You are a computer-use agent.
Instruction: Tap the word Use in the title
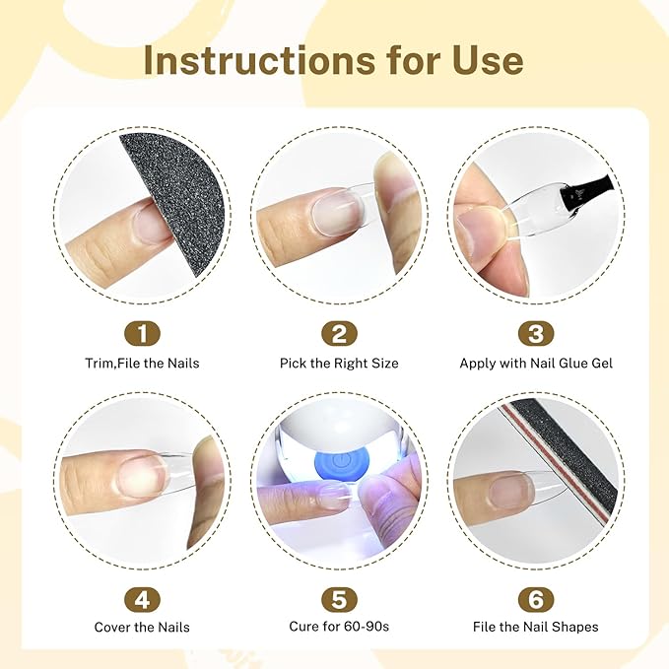click(488, 60)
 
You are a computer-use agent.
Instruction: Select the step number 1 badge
click(142, 334)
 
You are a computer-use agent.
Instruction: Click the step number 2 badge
click(339, 334)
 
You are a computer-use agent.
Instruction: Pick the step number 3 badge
click(536, 334)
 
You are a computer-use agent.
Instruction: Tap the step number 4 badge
click(142, 599)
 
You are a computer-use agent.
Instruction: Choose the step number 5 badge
click(339, 599)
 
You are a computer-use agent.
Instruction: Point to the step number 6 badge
click(536, 599)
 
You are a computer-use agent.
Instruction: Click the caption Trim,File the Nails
click(142, 364)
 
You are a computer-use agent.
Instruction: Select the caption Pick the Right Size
click(339, 364)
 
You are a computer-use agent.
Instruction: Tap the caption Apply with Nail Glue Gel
click(536, 364)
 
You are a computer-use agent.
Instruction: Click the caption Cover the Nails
click(142, 628)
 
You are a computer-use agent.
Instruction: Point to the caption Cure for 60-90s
click(339, 627)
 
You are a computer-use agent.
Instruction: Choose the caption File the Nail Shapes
click(536, 627)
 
